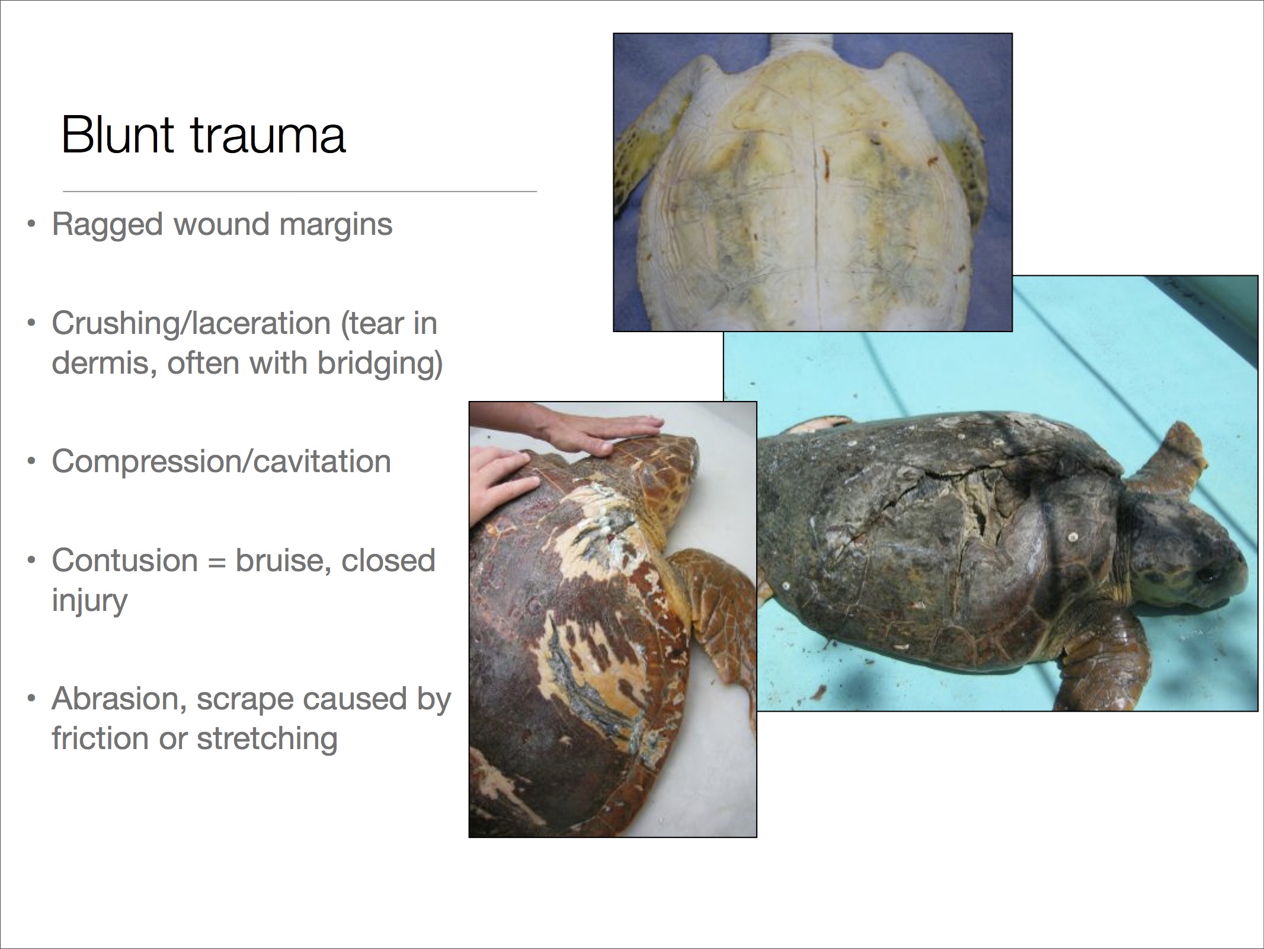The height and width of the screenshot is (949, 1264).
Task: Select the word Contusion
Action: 124,561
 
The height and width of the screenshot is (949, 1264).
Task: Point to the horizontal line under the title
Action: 300,192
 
